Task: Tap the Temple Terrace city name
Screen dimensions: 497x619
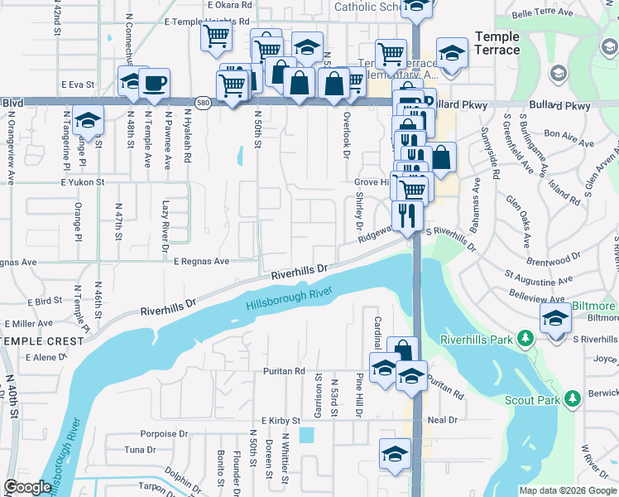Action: [x=497, y=43]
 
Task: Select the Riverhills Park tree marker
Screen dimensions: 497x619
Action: [x=525, y=338]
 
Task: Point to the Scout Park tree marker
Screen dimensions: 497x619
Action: [x=573, y=401]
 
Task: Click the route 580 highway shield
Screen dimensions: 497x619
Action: [x=203, y=103]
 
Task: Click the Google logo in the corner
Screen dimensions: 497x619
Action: [x=27, y=487]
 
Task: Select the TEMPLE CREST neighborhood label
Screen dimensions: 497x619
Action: [x=42, y=340]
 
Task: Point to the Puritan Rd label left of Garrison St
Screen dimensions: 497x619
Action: [x=284, y=371]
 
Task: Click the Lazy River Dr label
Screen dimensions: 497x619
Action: [x=166, y=225]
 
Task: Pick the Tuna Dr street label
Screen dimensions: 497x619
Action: [x=140, y=450]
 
